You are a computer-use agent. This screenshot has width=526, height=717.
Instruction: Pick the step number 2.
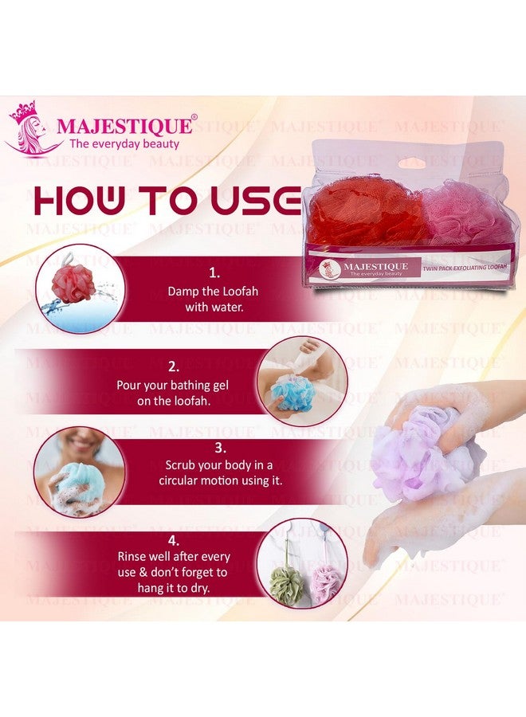[x=173, y=368]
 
